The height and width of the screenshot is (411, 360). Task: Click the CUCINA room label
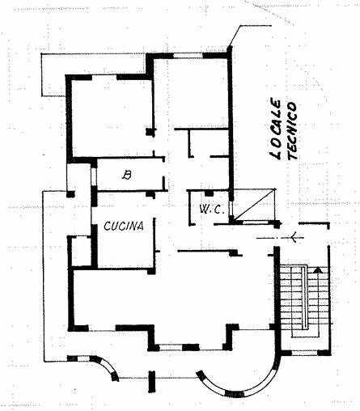pos(124,226)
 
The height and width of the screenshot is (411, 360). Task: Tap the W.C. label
pos(212,209)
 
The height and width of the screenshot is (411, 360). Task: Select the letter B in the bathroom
pos(127,176)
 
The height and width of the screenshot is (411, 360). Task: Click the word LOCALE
pos(276,129)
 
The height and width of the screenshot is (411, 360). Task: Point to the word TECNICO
pos(292,130)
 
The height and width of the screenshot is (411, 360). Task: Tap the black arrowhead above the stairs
pos(318,269)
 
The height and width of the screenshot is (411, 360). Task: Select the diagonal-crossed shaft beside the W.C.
pos(255,205)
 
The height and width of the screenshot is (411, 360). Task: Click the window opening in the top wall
pos(188,56)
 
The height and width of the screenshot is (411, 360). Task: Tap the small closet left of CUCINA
pos(80,251)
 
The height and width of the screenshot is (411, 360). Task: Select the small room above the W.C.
pos(209,142)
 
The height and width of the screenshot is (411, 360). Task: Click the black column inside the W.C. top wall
pos(209,193)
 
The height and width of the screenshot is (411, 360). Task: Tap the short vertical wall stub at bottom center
pos(152,382)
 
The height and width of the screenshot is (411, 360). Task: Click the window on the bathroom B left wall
pos(94,177)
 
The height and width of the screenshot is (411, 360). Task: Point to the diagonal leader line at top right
pos(234,36)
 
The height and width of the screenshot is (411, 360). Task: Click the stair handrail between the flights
pos(304,298)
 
